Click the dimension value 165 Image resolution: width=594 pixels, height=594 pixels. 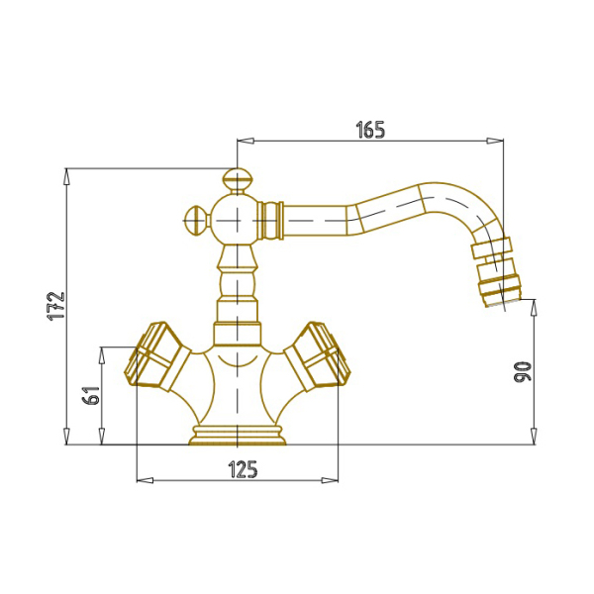[370, 130]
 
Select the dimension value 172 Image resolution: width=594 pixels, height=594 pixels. [56, 307]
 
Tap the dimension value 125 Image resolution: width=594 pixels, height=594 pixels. [243, 469]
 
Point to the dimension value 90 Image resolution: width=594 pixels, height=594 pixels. [523, 371]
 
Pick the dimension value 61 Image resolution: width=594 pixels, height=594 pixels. [91, 395]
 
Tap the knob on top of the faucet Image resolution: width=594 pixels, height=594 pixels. [237, 181]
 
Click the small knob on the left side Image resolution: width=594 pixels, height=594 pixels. [196, 220]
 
